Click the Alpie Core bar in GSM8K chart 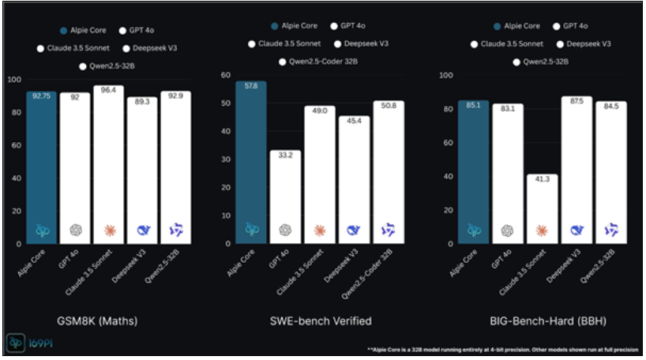(42, 166)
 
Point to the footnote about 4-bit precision (503, 348)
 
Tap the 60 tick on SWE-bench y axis (225, 76)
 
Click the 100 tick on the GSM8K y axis (13, 79)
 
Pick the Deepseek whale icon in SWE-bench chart (354, 230)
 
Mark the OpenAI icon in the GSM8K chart (76, 230)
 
